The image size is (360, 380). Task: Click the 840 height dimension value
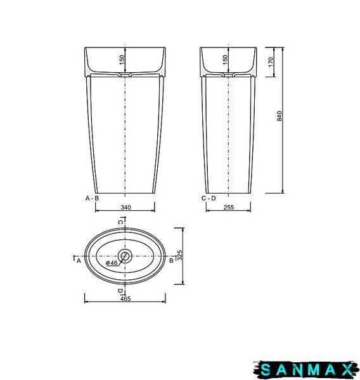pyautogui.click(x=280, y=116)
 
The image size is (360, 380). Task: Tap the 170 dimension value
pyautogui.click(x=271, y=62)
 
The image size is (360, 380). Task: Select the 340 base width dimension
pyautogui.click(x=125, y=207)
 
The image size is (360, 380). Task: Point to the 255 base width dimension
pyautogui.click(x=229, y=207)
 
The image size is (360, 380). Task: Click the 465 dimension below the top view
pyautogui.click(x=125, y=298)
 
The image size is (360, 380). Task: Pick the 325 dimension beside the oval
pyautogui.click(x=180, y=255)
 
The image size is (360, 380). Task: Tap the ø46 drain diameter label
pyautogui.click(x=112, y=263)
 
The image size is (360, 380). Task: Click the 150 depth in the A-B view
pyautogui.click(x=122, y=60)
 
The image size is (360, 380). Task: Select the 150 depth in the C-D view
pyautogui.click(x=225, y=60)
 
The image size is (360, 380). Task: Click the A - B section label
pyautogui.click(x=92, y=198)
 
